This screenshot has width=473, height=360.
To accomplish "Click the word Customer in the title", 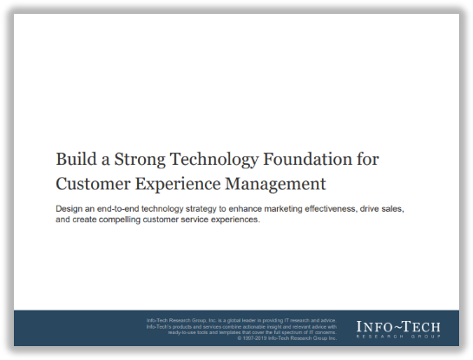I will click(89, 183).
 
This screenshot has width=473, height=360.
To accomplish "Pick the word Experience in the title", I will click(171, 184).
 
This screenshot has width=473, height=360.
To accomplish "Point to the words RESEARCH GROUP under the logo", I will click(398, 337).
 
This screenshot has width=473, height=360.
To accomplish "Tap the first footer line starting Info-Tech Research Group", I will click(247, 321).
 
